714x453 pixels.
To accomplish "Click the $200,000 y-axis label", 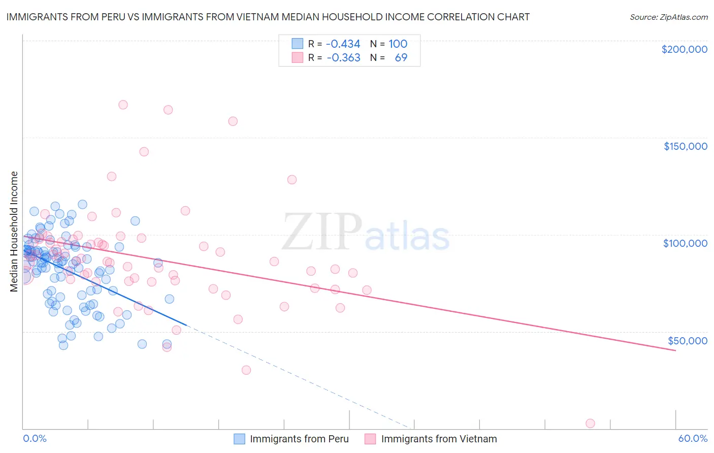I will coord(684,49).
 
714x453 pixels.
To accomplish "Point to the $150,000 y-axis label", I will coord(685,146).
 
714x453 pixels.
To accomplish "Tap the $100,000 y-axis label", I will coord(685,243).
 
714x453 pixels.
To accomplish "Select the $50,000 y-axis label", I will coord(687,340).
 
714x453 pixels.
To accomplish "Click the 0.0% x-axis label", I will coord(35,438).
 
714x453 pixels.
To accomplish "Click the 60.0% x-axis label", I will coord(693,438).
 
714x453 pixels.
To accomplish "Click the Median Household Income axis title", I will coord(14,232).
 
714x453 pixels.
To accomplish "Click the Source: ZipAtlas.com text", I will coord(668,17).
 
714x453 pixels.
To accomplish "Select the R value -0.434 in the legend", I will coord(343,44).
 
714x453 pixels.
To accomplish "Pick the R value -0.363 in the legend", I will coord(343,57).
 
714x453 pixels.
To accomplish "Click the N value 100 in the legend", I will coord(398,44).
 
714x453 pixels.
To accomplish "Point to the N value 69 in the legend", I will coord(401,57).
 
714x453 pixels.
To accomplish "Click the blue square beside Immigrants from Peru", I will coord(239,439).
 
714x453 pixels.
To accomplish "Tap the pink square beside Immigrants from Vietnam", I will coord(370,439).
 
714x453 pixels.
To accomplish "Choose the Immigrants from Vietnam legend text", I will coord(439,439).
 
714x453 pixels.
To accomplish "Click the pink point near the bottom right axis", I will coord(590,424).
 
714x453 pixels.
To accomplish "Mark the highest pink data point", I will coord(123,105).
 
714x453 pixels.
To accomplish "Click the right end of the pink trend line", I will coord(675,350).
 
